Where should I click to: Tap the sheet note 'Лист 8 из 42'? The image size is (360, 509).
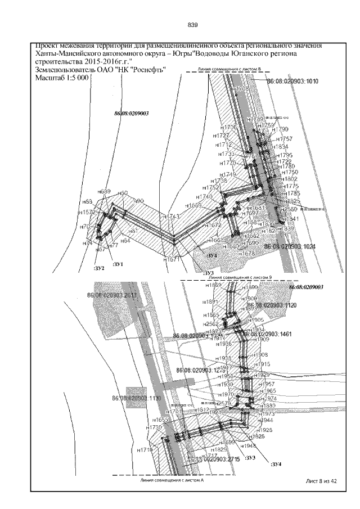pyautogui.click(x=321, y=481)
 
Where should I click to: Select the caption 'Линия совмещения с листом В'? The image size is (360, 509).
pyautogui.click(x=230, y=69)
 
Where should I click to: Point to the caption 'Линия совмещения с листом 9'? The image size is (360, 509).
pyautogui.click(x=240, y=277)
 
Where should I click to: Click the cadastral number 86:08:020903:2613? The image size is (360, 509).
pyautogui.click(x=111, y=294)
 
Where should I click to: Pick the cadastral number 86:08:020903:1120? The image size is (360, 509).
pyautogui.click(x=267, y=304)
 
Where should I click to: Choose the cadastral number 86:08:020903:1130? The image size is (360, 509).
pyautogui.click(x=136, y=398)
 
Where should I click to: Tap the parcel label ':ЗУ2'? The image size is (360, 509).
pyautogui.click(x=99, y=269)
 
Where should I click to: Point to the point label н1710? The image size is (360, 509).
pyautogui.click(x=146, y=450)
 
